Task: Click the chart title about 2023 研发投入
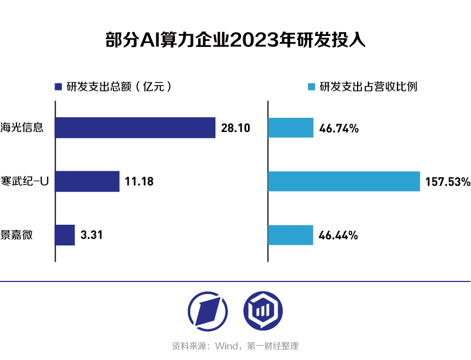coord(235,41)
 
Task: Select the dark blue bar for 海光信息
coord(135,128)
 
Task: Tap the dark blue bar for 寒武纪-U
coord(87,182)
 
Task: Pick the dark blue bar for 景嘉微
coord(65,235)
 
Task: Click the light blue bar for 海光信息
coord(291,128)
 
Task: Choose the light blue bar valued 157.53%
coord(344,182)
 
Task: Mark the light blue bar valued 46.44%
coord(291,235)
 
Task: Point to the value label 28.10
coord(235,128)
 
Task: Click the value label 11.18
coord(139,182)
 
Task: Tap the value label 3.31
coord(92,236)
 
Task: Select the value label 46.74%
coord(339,129)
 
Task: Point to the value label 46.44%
coord(339,236)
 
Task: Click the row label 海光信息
coord(22,128)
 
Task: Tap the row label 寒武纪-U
coord(25,182)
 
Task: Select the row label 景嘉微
coord(16,236)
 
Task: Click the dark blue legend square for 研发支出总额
coord(59,87)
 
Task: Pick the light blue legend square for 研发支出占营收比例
coord(311,87)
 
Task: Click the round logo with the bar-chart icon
coord(263,310)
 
